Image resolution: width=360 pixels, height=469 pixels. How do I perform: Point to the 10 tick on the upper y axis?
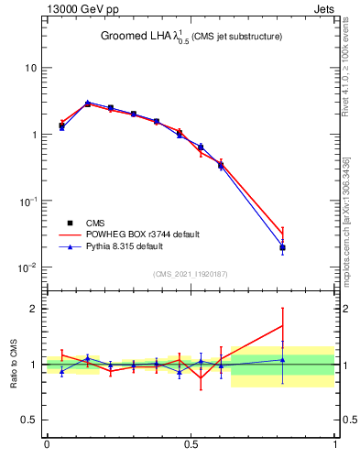coord(30,69)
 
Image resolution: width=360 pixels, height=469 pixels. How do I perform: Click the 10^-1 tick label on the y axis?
coord(27,202)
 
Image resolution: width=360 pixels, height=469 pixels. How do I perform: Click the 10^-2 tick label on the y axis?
coord(27,267)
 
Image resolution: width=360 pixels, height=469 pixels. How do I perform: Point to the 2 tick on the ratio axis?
coord(34,309)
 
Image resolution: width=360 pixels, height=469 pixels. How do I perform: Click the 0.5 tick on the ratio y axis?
coord(29,420)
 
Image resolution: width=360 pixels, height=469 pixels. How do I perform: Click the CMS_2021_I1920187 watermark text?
coord(191,274)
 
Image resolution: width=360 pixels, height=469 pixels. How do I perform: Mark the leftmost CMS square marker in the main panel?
coord(61,125)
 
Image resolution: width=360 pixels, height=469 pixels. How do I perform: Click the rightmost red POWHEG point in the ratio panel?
coord(283,325)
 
